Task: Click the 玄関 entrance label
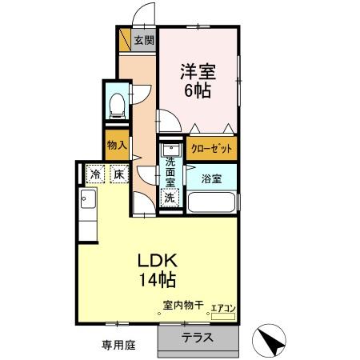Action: [144, 41]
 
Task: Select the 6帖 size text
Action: [198, 90]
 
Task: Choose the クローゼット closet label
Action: [212, 149]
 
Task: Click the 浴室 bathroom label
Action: [211, 178]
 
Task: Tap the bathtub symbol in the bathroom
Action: [211, 202]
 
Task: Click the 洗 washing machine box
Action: [170, 197]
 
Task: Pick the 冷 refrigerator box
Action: [96, 174]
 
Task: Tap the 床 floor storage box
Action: [117, 174]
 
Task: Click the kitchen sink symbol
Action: [87, 200]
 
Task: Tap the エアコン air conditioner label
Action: [223, 307]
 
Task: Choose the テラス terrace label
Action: [198, 338]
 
